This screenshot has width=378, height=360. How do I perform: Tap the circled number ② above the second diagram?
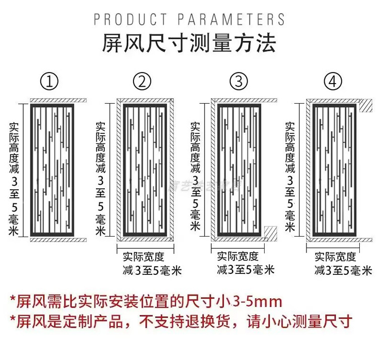pos(142,81)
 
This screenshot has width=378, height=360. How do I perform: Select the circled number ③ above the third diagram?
pos(238,81)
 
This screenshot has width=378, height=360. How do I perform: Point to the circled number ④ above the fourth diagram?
pos(333,81)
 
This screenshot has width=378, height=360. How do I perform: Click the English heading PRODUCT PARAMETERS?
pos(190,20)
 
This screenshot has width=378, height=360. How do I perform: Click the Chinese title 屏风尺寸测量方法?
pos(189,44)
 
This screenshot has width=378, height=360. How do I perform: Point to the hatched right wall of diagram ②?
pos(171,171)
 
